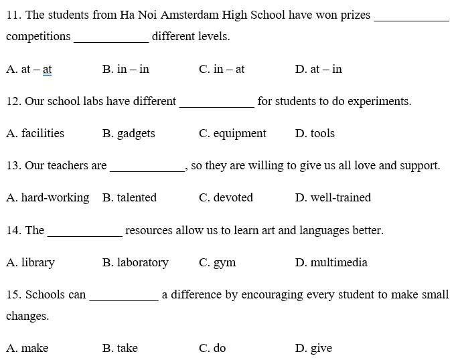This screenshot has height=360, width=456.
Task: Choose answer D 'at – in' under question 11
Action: click(x=318, y=69)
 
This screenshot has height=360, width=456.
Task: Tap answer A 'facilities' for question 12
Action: click(x=35, y=133)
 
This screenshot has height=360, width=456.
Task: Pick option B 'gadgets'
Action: click(x=129, y=133)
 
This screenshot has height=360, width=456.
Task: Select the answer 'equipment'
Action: click(x=232, y=133)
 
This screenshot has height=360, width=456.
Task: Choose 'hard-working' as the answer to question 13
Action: click(x=48, y=197)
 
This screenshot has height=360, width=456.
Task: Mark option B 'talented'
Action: click(x=129, y=197)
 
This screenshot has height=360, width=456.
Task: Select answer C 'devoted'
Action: click(x=226, y=197)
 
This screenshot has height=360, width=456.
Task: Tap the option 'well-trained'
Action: click(x=333, y=197)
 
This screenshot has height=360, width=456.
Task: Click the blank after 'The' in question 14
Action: click(x=85, y=233)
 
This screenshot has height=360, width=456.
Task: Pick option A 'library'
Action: click(x=31, y=262)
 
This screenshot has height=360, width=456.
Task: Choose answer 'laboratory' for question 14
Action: click(x=135, y=262)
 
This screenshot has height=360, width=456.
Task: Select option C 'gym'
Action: click(x=218, y=262)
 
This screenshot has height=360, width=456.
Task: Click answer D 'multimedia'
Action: click(x=331, y=262)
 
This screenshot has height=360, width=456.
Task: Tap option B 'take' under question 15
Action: click(x=120, y=348)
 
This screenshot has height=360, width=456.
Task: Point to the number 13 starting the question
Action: click(x=13, y=165)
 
